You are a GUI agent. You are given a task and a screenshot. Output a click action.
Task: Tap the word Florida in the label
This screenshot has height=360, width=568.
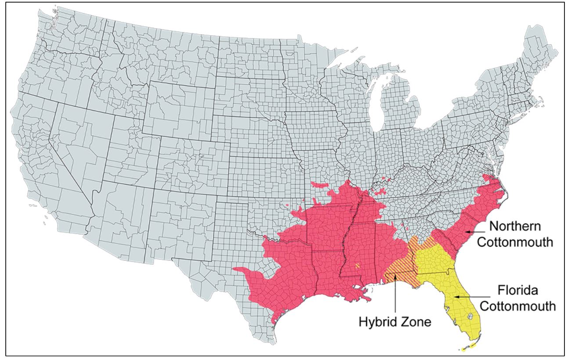coord(517,291)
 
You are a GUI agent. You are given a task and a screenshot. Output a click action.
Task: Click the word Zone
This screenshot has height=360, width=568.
coord(416,322)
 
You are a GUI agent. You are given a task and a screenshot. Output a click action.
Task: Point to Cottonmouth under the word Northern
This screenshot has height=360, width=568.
coord(515,242)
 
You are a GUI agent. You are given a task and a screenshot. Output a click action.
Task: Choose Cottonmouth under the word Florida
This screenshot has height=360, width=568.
coord(517,306)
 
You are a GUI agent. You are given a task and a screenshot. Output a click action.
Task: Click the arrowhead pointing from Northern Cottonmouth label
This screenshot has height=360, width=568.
coord(467,231)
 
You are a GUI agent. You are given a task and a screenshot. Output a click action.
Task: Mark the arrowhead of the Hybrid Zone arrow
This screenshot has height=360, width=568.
coord(396,276)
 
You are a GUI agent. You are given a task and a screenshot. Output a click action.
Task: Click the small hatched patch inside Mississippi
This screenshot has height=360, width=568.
coord(358,265)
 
